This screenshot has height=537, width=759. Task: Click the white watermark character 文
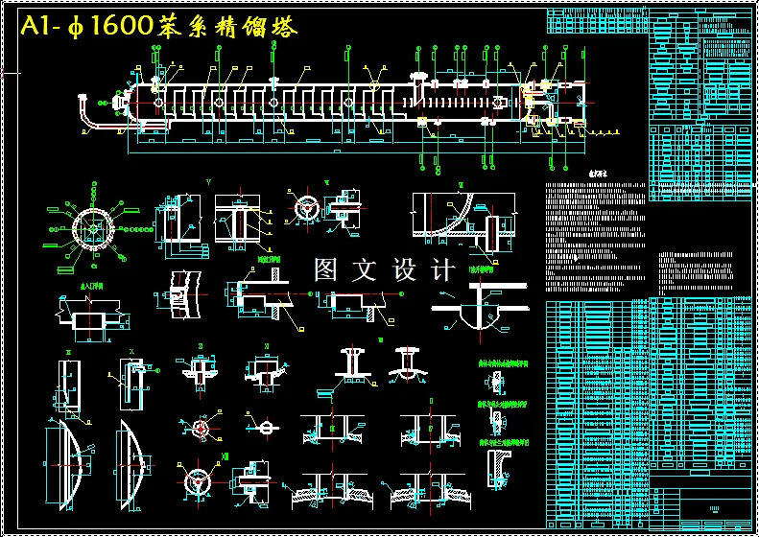(x=366, y=270)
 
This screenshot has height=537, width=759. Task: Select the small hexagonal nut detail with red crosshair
(x=201, y=426)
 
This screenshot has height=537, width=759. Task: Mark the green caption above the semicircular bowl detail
(x=481, y=270)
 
